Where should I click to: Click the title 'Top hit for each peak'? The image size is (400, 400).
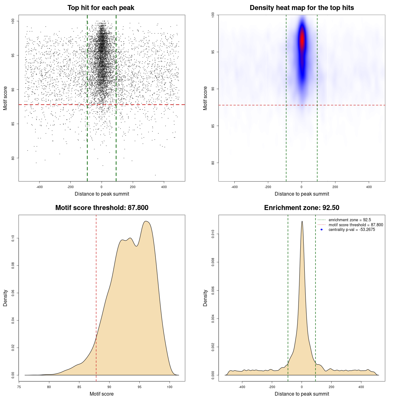[x=101, y=8]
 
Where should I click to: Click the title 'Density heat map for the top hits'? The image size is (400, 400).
[x=302, y=8]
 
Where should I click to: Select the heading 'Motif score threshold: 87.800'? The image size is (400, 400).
[x=102, y=208]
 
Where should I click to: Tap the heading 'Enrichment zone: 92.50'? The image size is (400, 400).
[x=302, y=208]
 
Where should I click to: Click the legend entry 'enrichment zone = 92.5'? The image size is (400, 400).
[x=350, y=220]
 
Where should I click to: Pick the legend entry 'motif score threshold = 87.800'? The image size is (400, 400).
[x=356, y=225]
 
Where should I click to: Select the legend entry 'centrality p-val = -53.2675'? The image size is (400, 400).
[x=352, y=230]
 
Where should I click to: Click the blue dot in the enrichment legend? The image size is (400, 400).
[x=322, y=230]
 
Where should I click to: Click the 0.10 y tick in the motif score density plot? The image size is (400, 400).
[x=13, y=238]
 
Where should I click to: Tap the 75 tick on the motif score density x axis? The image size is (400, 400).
[x=19, y=387]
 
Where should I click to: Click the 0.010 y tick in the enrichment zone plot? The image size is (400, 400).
[x=213, y=234]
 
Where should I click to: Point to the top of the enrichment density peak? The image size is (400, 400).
[x=302, y=222]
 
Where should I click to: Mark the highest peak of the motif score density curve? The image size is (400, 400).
[x=146, y=222]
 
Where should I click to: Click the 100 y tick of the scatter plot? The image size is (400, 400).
[x=13, y=21]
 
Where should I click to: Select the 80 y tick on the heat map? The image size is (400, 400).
[x=213, y=163]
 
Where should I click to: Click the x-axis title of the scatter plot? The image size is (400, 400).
[x=102, y=194]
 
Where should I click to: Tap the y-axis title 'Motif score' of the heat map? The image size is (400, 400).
[x=205, y=98]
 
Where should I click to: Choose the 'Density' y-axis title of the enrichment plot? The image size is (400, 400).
[x=205, y=298]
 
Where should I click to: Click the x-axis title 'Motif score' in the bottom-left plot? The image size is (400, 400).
[x=102, y=394]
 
